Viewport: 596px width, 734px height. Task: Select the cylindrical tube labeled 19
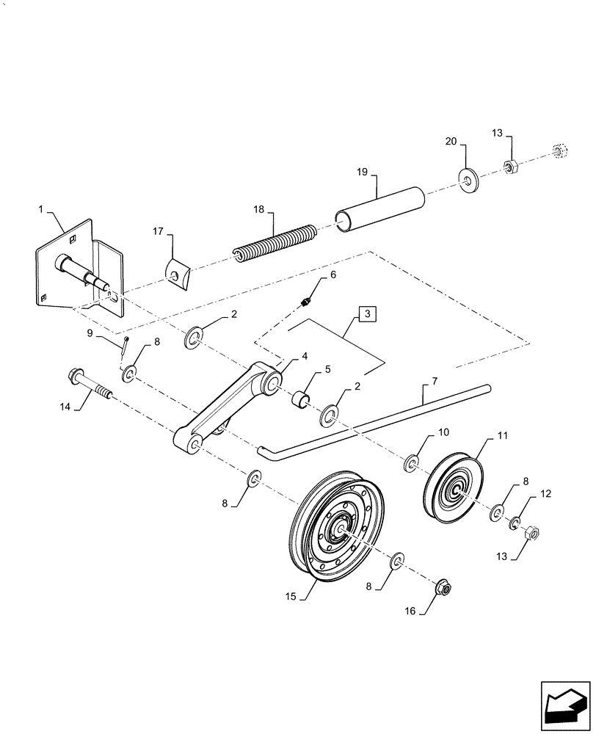point(381,208)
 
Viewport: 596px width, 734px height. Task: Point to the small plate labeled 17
point(178,275)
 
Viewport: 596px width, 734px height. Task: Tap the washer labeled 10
point(412,463)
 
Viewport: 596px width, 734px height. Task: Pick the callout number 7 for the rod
point(435,382)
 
